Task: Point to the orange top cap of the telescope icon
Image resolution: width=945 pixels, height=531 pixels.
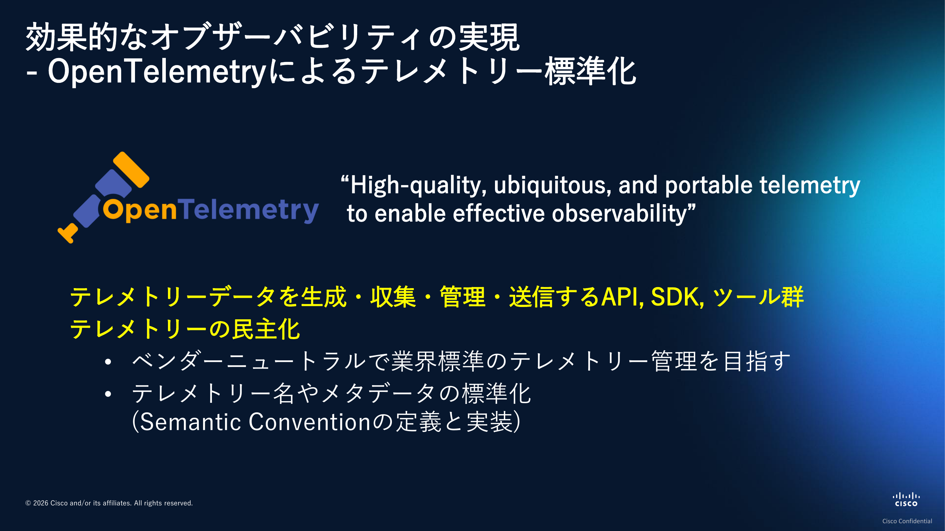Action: [x=131, y=170]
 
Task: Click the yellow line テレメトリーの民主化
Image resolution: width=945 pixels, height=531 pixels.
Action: [x=185, y=329]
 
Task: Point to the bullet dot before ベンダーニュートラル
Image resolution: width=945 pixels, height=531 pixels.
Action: [x=108, y=362]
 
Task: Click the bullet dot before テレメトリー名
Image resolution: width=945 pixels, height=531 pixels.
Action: [x=108, y=394]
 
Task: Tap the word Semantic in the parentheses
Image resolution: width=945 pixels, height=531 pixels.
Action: [x=190, y=422]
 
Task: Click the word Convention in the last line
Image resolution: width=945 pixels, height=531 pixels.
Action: [x=310, y=422]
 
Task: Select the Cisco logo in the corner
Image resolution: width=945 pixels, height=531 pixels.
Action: [x=906, y=499]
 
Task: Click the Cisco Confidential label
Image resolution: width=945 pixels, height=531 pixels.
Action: [x=907, y=521]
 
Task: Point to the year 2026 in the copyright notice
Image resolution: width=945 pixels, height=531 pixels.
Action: [x=41, y=503]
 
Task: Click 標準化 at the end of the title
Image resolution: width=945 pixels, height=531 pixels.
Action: [x=591, y=72]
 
